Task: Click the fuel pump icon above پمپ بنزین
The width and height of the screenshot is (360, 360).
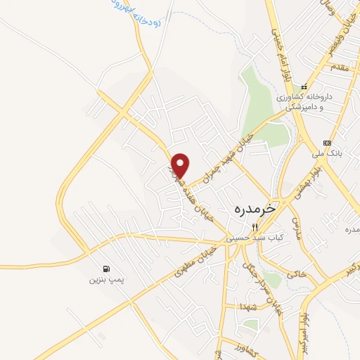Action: click(105, 269)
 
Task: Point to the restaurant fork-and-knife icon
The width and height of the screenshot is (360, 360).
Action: click(255, 227)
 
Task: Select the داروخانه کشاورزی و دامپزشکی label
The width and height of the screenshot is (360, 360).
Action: click(309, 102)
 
